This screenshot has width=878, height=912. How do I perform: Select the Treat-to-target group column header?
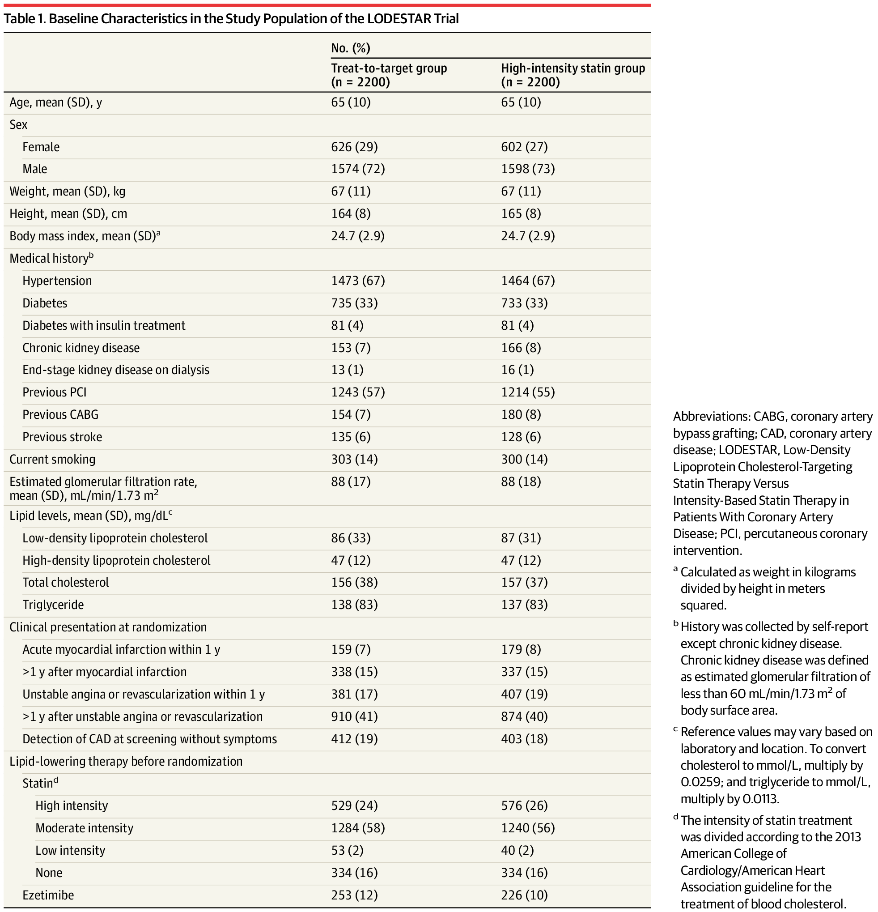pyautogui.click(x=389, y=75)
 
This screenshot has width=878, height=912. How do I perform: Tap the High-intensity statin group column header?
pyautogui.click(x=573, y=75)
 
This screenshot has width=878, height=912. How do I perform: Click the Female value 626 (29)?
pyautogui.click(x=354, y=147)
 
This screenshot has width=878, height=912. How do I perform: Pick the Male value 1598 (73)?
pyautogui.click(x=528, y=169)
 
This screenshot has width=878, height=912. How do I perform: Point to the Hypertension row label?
pyautogui.click(x=57, y=281)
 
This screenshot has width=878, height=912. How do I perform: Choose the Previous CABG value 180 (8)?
pyautogui.click(x=521, y=414)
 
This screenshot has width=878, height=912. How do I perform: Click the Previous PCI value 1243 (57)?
pyautogui.click(x=358, y=392)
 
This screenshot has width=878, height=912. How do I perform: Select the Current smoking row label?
pyautogui.click(x=52, y=459)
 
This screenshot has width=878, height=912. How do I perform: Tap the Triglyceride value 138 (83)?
pyautogui.click(x=354, y=605)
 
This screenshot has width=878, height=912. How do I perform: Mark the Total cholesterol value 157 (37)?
pyautogui.click(x=524, y=583)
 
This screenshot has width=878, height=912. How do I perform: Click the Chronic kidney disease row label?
pyautogui.click(x=81, y=348)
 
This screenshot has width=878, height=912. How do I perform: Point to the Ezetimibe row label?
pyautogui.click(x=48, y=895)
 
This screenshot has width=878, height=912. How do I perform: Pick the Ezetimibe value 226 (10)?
pyautogui.click(x=524, y=895)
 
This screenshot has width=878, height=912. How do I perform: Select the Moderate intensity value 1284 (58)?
pyautogui.click(x=358, y=828)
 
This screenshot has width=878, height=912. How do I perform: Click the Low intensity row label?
pyautogui.click(x=70, y=851)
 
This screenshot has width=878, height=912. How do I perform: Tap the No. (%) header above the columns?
pyautogui.click(x=350, y=48)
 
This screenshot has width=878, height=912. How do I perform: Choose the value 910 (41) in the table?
pyautogui.click(x=354, y=716)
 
